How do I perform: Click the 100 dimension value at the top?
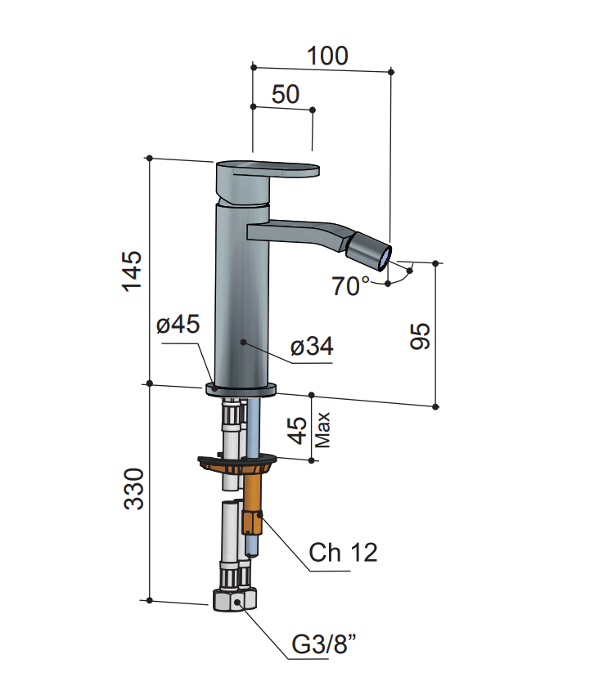[x=327, y=56]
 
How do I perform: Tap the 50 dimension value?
[x=286, y=94]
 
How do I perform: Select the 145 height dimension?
[x=133, y=271]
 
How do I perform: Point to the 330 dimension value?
[x=133, y=489]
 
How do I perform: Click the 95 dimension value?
[x=420, y=336]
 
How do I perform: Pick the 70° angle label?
[x=350, y=286]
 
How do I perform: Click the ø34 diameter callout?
[x=312, y=347]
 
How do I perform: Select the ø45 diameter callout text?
[x=178, y=325]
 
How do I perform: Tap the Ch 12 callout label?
[x=343, y=553]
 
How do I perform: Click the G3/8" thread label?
[x=324, y=644]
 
